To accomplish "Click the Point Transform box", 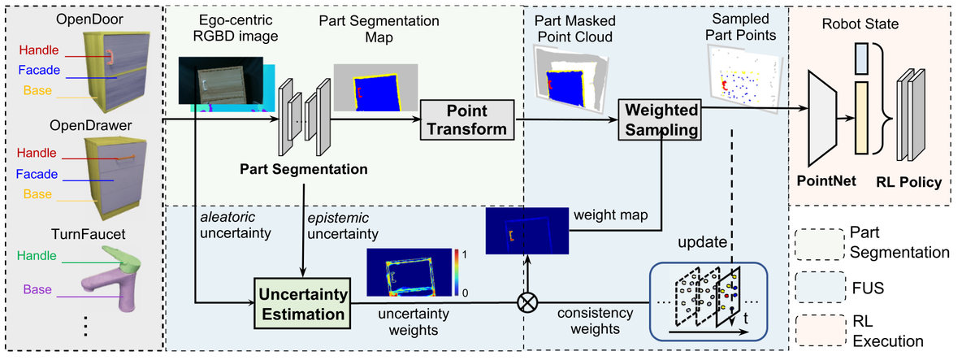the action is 467,119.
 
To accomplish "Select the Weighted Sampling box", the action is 660,119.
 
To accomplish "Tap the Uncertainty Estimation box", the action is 302,303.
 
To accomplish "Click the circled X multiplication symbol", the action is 527,302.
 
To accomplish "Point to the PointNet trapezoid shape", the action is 821,119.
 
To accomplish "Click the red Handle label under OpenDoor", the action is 39,50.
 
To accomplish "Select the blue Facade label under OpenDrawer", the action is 37,174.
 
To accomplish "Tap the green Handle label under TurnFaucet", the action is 37,255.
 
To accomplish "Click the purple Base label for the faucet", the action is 37,289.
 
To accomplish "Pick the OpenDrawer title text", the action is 90,125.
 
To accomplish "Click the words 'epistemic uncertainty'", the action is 343,226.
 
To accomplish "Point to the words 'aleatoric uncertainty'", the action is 236,225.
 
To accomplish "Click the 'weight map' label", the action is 611,215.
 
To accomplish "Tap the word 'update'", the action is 702,242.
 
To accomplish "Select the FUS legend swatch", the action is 821,287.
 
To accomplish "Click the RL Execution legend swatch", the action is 821,331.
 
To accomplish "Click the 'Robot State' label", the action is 860,24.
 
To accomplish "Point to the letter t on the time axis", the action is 746,319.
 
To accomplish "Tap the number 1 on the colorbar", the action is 465,254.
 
